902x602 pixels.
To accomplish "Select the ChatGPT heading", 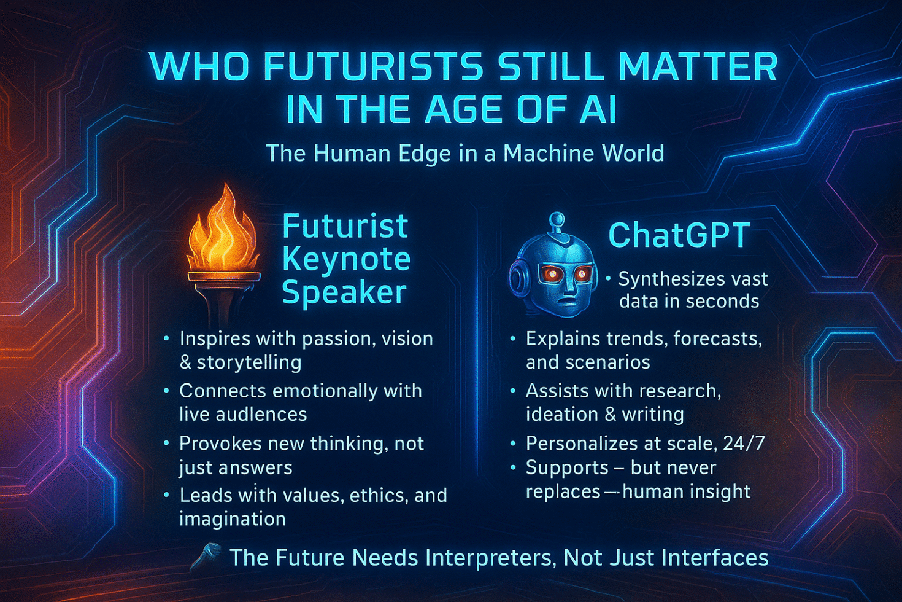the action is click(x=679, y=235).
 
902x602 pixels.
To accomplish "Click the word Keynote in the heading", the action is click(x=346, y=259).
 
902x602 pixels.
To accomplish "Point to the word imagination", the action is click(x=233, y=518).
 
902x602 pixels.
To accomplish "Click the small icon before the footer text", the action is click(x=206, y=557).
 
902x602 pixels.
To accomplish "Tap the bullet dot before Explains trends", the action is click(x=513, y=338).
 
